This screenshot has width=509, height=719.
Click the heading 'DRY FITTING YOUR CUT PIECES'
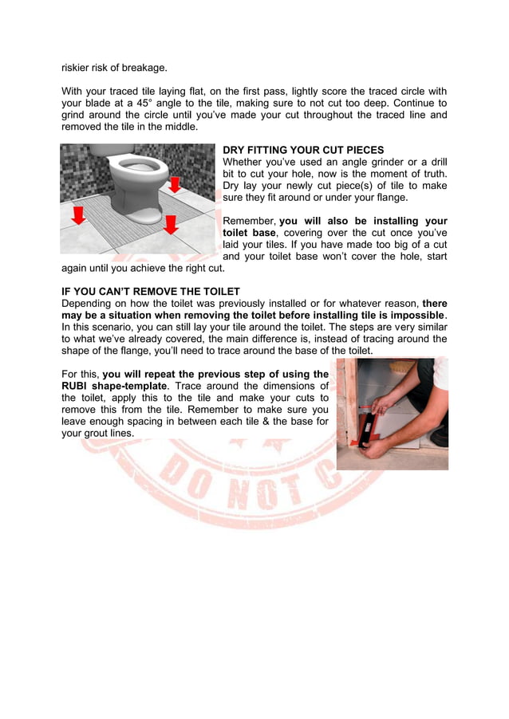[x=303, y=150]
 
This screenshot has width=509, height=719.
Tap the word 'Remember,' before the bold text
[x=248, y=221]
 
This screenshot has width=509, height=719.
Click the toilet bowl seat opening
[x=138, y=168]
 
